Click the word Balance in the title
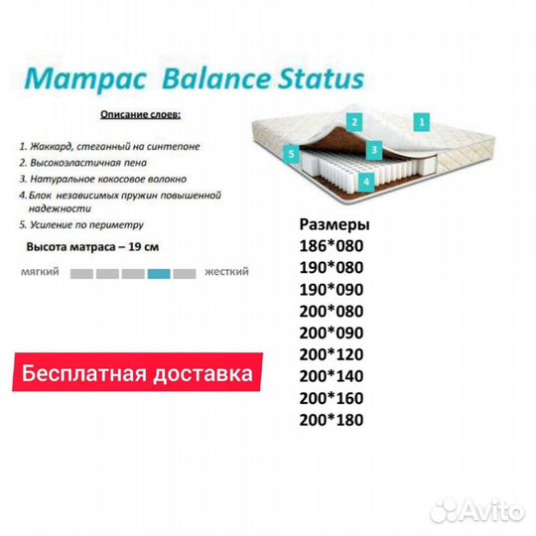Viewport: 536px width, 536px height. (x=218, y=79)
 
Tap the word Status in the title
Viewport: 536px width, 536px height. (x=321, y=79)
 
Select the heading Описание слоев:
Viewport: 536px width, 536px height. (x=141, y=114)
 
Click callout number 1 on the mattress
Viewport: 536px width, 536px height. (x=422, y=122)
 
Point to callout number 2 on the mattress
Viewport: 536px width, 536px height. (x=354, y=122)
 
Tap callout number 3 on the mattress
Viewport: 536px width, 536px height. (x=374, y=150)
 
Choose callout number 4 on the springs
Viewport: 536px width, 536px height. (x=366, y=182)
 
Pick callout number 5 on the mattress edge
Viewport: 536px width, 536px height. (x=291, y=154)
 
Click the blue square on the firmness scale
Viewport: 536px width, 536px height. (x=159, y=274)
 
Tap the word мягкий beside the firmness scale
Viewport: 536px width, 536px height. (x=40, y=272)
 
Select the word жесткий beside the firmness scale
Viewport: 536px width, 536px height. (x=226, y=272)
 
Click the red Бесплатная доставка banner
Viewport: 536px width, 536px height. (x=137, y=372)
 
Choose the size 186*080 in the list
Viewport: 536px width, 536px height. (x=332, y=246)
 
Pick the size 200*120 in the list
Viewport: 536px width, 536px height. (x=332, y=354)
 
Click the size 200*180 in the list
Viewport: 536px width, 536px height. (x=332, y=420)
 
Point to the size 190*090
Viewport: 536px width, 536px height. (x=332, y=290)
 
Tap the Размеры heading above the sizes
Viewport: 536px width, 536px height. (x=335, y=225)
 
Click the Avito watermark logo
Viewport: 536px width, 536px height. (x=476, y=511)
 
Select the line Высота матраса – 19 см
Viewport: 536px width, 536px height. (x=92, y=247)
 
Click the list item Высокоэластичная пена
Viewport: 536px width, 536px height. (x=83, y=163)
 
